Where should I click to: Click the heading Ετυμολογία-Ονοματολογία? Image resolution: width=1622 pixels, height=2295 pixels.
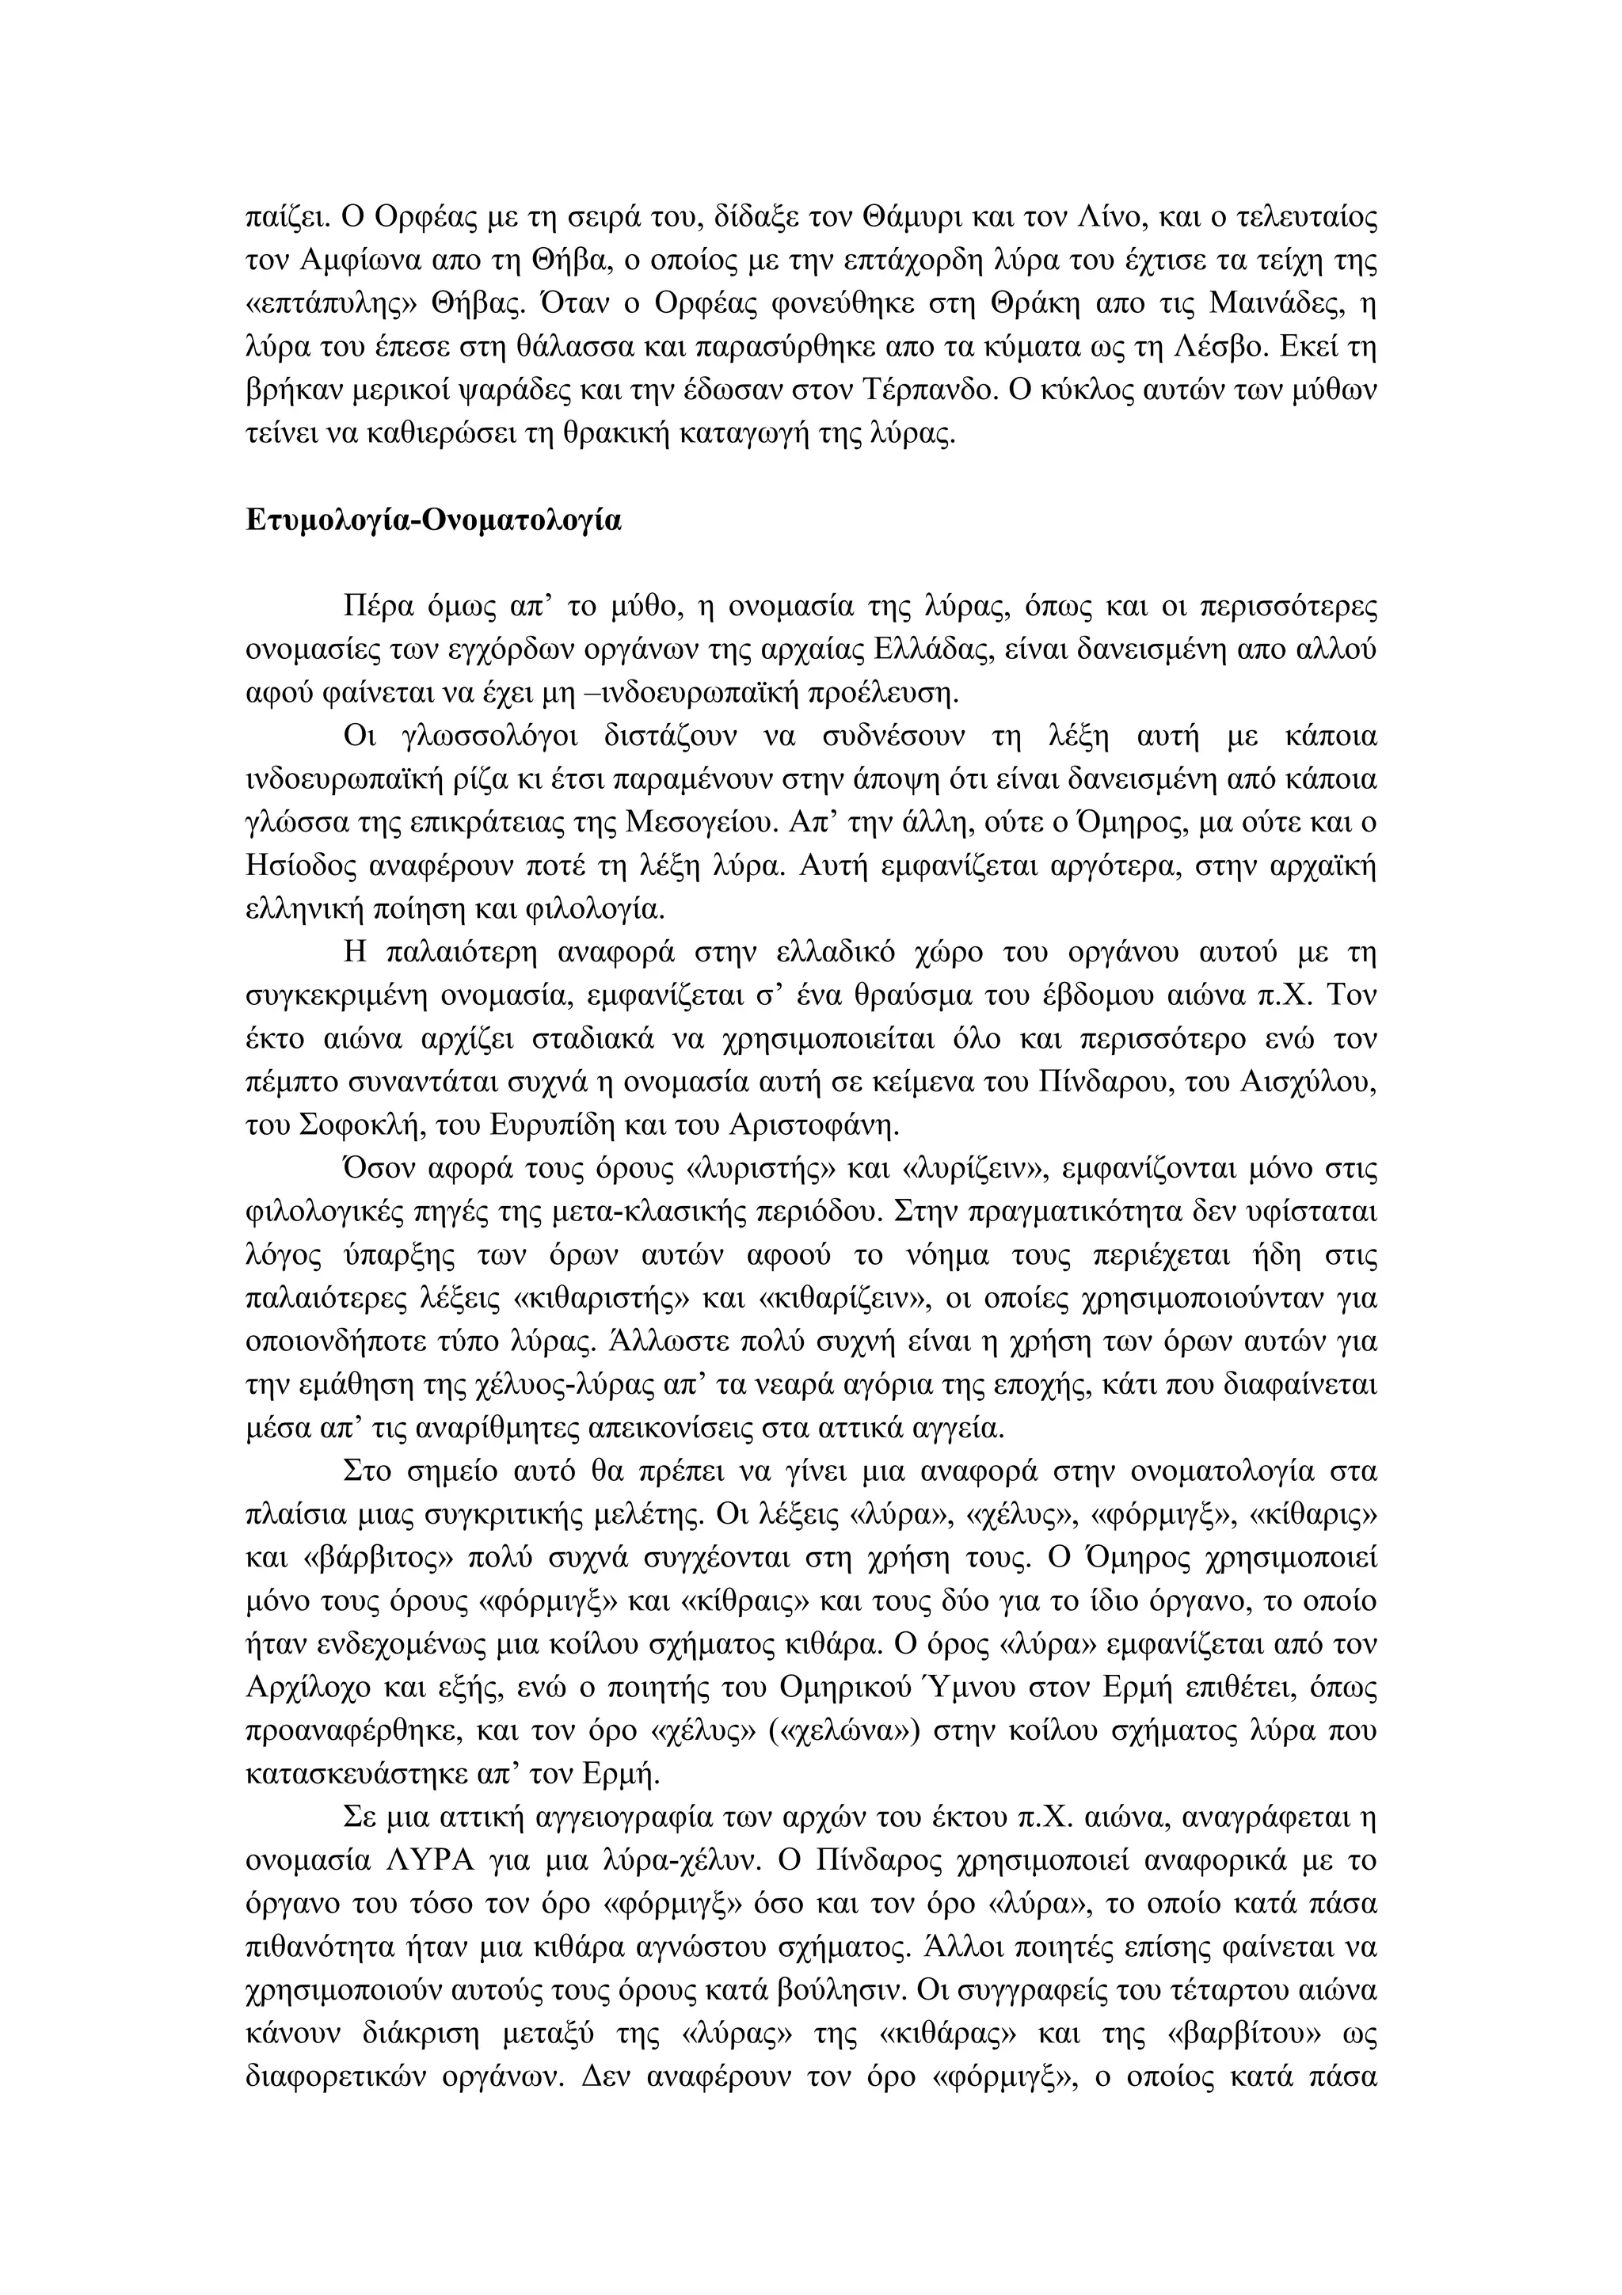432,522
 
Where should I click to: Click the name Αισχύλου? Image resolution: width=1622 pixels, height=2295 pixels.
1313,1083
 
